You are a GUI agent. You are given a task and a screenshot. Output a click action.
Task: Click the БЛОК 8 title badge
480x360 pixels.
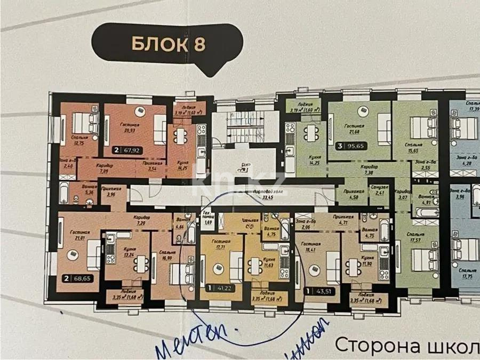click(x=167, y=44)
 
